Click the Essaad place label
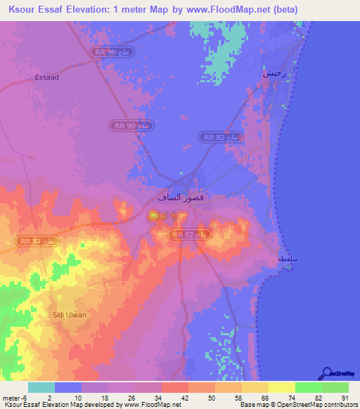click(47, 78)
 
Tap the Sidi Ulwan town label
click(70, 315)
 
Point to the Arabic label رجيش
click(274, 73)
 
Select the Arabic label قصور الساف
click(184, 198)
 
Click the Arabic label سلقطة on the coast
click(288, 259)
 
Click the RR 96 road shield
click(112, 53)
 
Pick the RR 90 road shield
click(131, 125)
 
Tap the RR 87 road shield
click(38, 241)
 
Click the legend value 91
click(345, 398)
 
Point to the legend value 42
click(185, 398)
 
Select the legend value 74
click(290, 398)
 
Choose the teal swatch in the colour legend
click(41, 387)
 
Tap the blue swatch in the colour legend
click(68, 387)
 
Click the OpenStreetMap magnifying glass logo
click(326, 373)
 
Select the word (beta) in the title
click(281, 10)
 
